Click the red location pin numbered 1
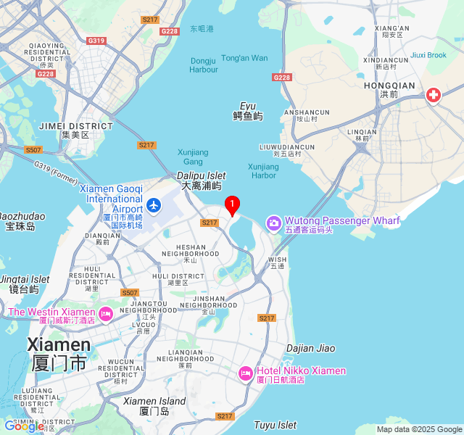pos(232,205)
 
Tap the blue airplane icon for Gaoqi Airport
pos(153,204)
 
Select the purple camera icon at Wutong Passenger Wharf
pos(273,222)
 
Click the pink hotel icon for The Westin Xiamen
pos(106,315)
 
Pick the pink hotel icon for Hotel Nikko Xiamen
pos(245,373)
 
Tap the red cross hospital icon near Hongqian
pos(434,95)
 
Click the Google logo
pos(23,426)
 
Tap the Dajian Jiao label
pos(310,348)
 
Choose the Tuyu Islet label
pos(275,425)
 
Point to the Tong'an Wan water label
pos(244,58)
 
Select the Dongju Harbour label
pos(204,65)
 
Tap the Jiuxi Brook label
pos(428,55)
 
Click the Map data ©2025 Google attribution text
pos(418,429)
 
